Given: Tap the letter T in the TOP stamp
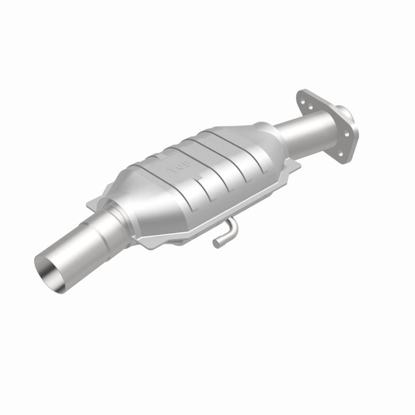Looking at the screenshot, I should click(170, 171).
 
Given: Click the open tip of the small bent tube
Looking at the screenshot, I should click(216, 243).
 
